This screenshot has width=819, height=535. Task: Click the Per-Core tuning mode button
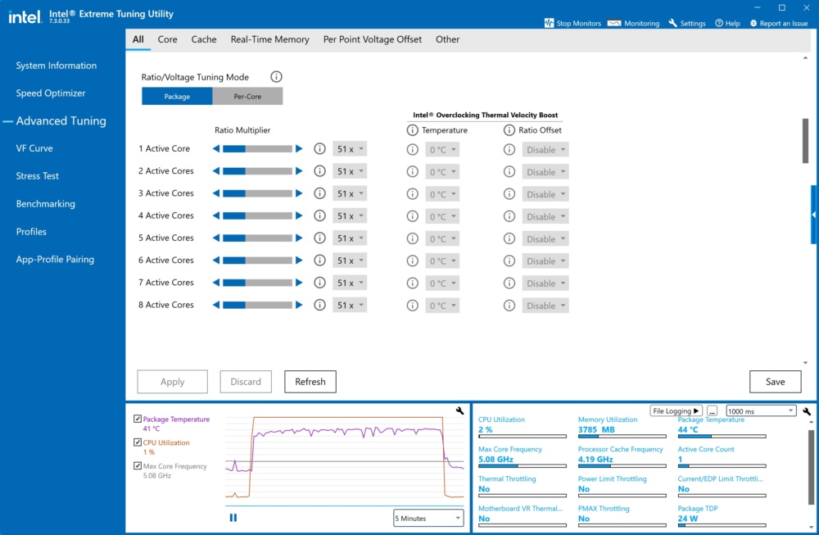[x=247, y=96]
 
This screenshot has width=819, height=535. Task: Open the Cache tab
[x=204, y=39]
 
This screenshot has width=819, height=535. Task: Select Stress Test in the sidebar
[x=37, y=176]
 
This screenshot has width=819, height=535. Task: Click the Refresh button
[x=310, y=382]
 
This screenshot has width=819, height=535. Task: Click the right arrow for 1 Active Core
[x=299, y=149]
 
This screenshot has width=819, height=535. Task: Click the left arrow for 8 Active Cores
[x=216, y=305]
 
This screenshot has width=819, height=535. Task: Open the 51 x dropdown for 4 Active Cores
[x=350, y=215]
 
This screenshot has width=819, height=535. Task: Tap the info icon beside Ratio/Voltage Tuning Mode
[x=276, y=77]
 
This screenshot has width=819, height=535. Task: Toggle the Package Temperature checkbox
[x=138, y=419]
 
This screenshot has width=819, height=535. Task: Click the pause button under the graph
[x=233, y=518]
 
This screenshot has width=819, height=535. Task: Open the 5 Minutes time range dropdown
[x=428, y=519]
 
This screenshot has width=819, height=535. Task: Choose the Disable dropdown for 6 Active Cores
[x=545, y=261]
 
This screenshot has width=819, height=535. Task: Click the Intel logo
[x=25, y=17]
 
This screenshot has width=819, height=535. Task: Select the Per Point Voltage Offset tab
[x=373, y=39]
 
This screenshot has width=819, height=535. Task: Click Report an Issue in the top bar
[x=779, y=24]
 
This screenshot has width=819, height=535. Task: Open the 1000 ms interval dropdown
[x=761, y=411]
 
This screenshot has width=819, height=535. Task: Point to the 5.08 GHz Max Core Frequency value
[x=495, y=460]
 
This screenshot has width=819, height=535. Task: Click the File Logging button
[x=676, y=411]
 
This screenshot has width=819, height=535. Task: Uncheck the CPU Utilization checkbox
[x=138, y=442]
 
